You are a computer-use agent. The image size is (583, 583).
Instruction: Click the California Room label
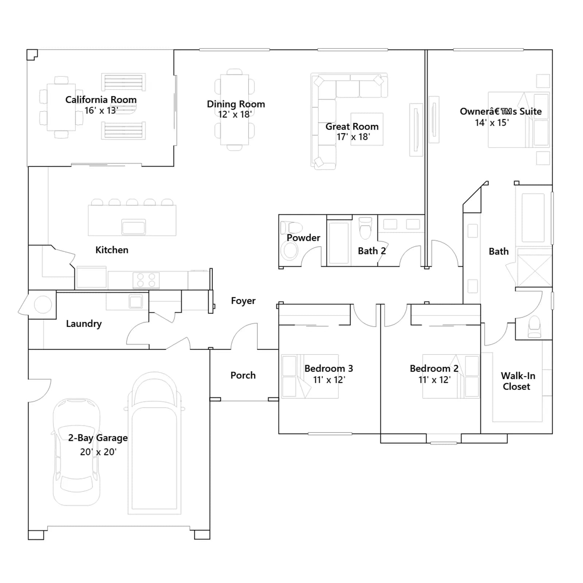point(101,99)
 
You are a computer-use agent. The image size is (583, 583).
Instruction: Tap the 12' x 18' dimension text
point(235,114)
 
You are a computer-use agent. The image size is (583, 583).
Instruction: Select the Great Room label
point(352,126)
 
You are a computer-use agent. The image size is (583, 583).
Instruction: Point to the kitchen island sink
point(134,227)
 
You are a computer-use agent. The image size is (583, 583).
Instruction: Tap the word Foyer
point(243,301)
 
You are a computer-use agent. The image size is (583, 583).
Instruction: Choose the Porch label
point(243,375)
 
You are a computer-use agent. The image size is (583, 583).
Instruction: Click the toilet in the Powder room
point(291,228)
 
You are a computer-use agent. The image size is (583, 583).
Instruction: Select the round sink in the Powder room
point(290,251)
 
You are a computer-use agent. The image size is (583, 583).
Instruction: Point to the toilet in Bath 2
point(365,228)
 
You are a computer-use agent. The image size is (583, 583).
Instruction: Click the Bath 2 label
point(372,251)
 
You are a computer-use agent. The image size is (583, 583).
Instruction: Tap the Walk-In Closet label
point(518,381)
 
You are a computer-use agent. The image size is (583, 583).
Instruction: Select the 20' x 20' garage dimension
point(98,452)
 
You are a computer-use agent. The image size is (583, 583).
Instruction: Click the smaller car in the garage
point(77,452)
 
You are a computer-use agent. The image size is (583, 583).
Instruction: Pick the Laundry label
point(84,324)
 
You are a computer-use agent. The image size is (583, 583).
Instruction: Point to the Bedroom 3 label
point(329,368)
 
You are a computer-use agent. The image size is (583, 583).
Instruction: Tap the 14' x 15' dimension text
point(492,123)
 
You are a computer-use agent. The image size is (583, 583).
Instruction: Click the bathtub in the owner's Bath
point(533,218)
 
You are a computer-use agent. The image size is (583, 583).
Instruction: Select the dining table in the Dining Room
point(235,110)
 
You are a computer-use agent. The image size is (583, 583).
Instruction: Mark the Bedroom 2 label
point(434,368)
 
